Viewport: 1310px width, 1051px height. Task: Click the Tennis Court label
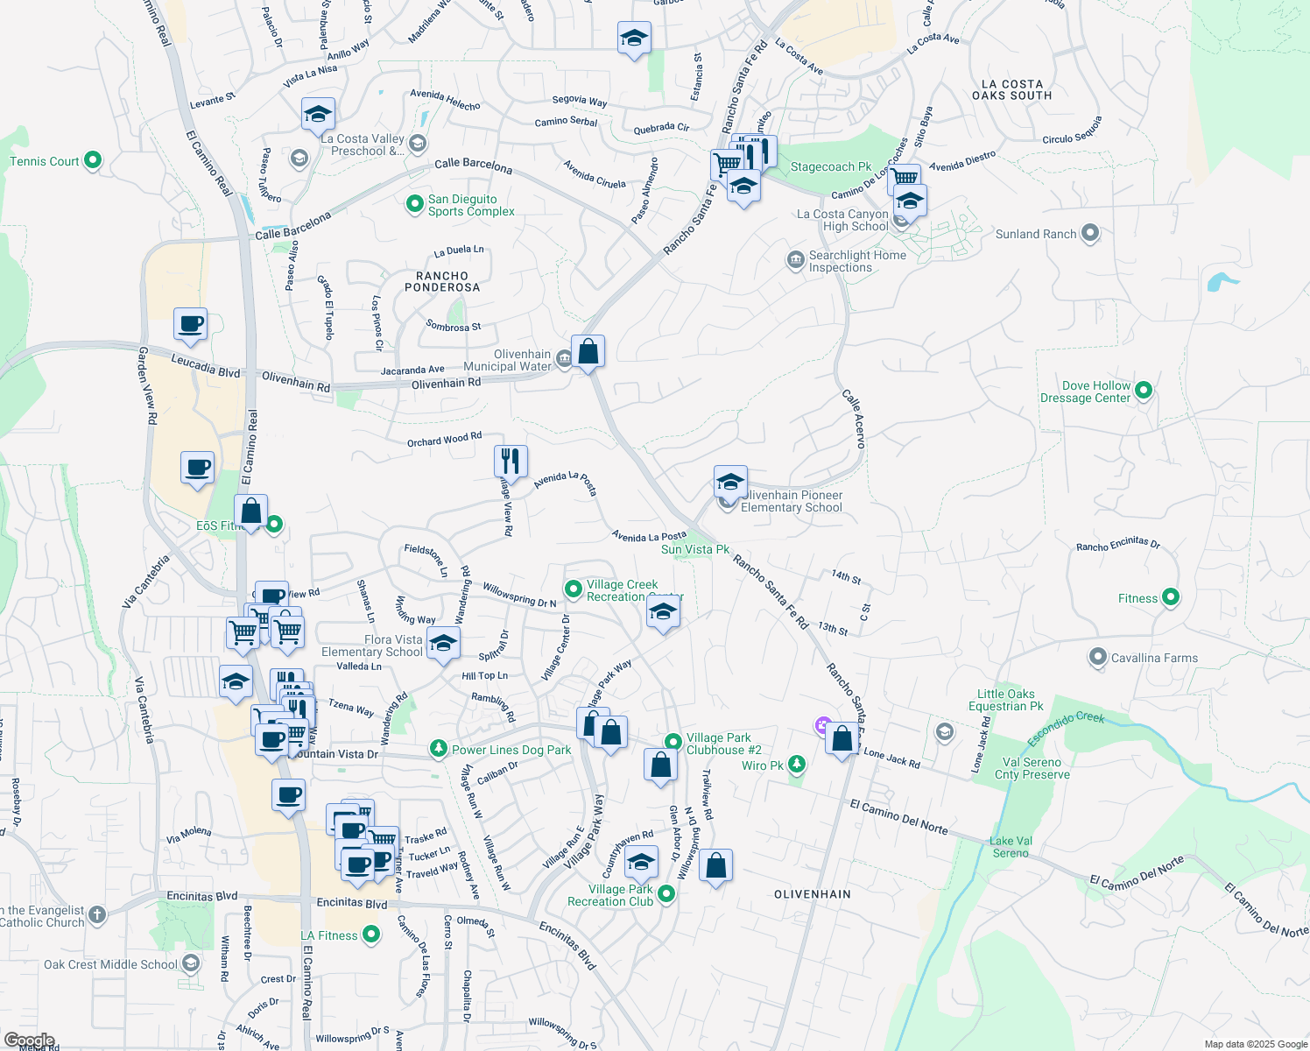tap(45, 161)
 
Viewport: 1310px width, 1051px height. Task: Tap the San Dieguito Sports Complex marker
tap(415, 204)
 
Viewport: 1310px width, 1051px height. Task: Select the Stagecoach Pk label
tap(830, 166)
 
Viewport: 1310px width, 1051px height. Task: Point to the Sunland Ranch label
tap(1035, 234)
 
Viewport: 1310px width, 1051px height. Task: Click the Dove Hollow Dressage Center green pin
tap(1144, 391)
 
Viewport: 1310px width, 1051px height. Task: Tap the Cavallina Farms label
tap(1154, 658)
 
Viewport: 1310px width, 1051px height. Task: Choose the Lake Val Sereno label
tap(1011, 847)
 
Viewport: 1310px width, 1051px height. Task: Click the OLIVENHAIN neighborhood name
tap(813, 894)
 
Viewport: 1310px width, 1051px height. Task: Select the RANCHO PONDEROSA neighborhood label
tap(442, 281)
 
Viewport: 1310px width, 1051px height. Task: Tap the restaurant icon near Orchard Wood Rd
tap(511, 461)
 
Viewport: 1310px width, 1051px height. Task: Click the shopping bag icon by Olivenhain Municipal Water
tap(588, 351)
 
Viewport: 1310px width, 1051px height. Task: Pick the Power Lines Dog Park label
tap(511, 750)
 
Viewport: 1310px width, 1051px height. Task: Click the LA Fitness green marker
tap(371, 935)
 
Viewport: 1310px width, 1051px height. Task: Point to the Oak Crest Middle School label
tap(110, 964)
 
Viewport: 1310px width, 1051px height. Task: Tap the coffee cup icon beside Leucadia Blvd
tap(190, 324)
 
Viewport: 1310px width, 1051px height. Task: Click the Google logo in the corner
tap(30, 1040)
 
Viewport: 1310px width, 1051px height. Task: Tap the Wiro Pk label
tap(762, 765)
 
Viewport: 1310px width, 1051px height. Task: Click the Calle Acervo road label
tap(853, 420)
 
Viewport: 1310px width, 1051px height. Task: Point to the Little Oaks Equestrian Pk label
tap(1006, 700)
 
